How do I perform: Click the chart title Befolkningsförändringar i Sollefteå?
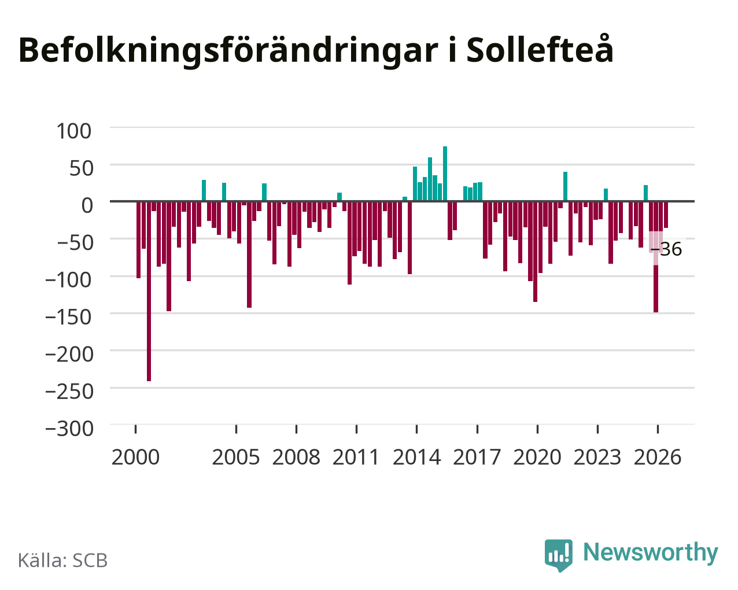[316, 51]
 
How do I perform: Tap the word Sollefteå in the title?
[540, 49]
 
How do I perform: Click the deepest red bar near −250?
[149, 291]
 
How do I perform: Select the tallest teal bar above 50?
[445, 174]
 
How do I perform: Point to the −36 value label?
[666, 249]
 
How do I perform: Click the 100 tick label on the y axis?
[74, 131]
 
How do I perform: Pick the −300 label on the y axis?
[69, 429]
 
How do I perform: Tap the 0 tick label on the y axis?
[87, 205]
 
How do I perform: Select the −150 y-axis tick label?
[69, 317]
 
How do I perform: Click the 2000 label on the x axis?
[135, 457]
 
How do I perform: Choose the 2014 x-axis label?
[416, 457]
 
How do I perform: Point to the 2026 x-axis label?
[658, 457]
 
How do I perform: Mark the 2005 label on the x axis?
[236, 457]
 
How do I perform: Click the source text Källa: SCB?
[63, 560]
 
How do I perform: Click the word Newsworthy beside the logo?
[651, 553]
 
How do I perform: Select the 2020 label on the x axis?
[537, 457]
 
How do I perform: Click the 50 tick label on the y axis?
[82, 168]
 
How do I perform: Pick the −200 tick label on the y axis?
[69, 354]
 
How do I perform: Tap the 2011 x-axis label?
[356, 457]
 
